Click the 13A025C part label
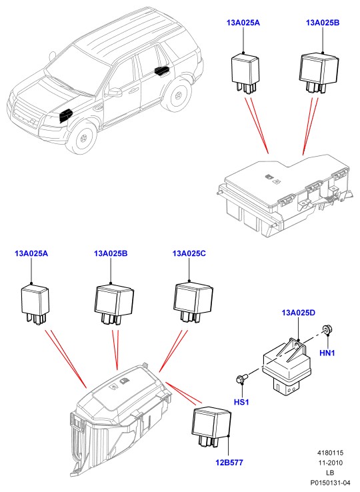189,253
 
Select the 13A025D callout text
298,313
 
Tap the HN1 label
327,353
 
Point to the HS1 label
241,401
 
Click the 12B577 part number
229,462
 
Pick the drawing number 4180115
330,453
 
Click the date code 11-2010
330,463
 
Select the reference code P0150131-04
330,482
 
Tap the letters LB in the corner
330,473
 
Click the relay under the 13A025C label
193,302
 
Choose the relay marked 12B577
211,426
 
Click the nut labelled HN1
327,330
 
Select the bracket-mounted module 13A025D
287,365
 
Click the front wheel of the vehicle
83,137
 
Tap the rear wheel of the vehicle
177,95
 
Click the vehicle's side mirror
114,92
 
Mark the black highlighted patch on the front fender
65,115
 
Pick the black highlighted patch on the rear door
162,71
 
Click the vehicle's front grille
24,115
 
